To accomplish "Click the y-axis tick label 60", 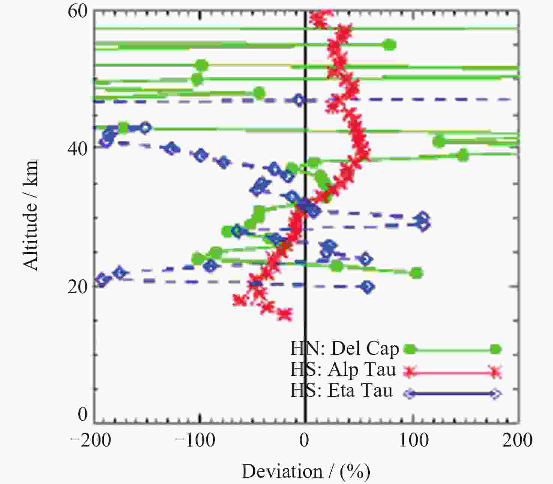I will [77, 11].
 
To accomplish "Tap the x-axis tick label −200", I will [91, 440].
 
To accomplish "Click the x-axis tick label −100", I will [196, 440].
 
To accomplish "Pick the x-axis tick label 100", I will [414, 440].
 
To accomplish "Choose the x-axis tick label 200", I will [517, 440].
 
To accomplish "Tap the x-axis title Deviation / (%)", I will [306, 471].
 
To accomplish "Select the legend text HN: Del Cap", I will [344, 348].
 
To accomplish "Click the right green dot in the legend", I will [495, 349].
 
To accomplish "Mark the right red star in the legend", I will [495, 372].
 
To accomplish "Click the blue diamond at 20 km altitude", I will [367, 287].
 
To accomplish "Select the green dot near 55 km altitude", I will [390, 45].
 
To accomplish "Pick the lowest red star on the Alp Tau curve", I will [285, 315].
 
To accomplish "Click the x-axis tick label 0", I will [304, 440].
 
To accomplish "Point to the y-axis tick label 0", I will [82, 414].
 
